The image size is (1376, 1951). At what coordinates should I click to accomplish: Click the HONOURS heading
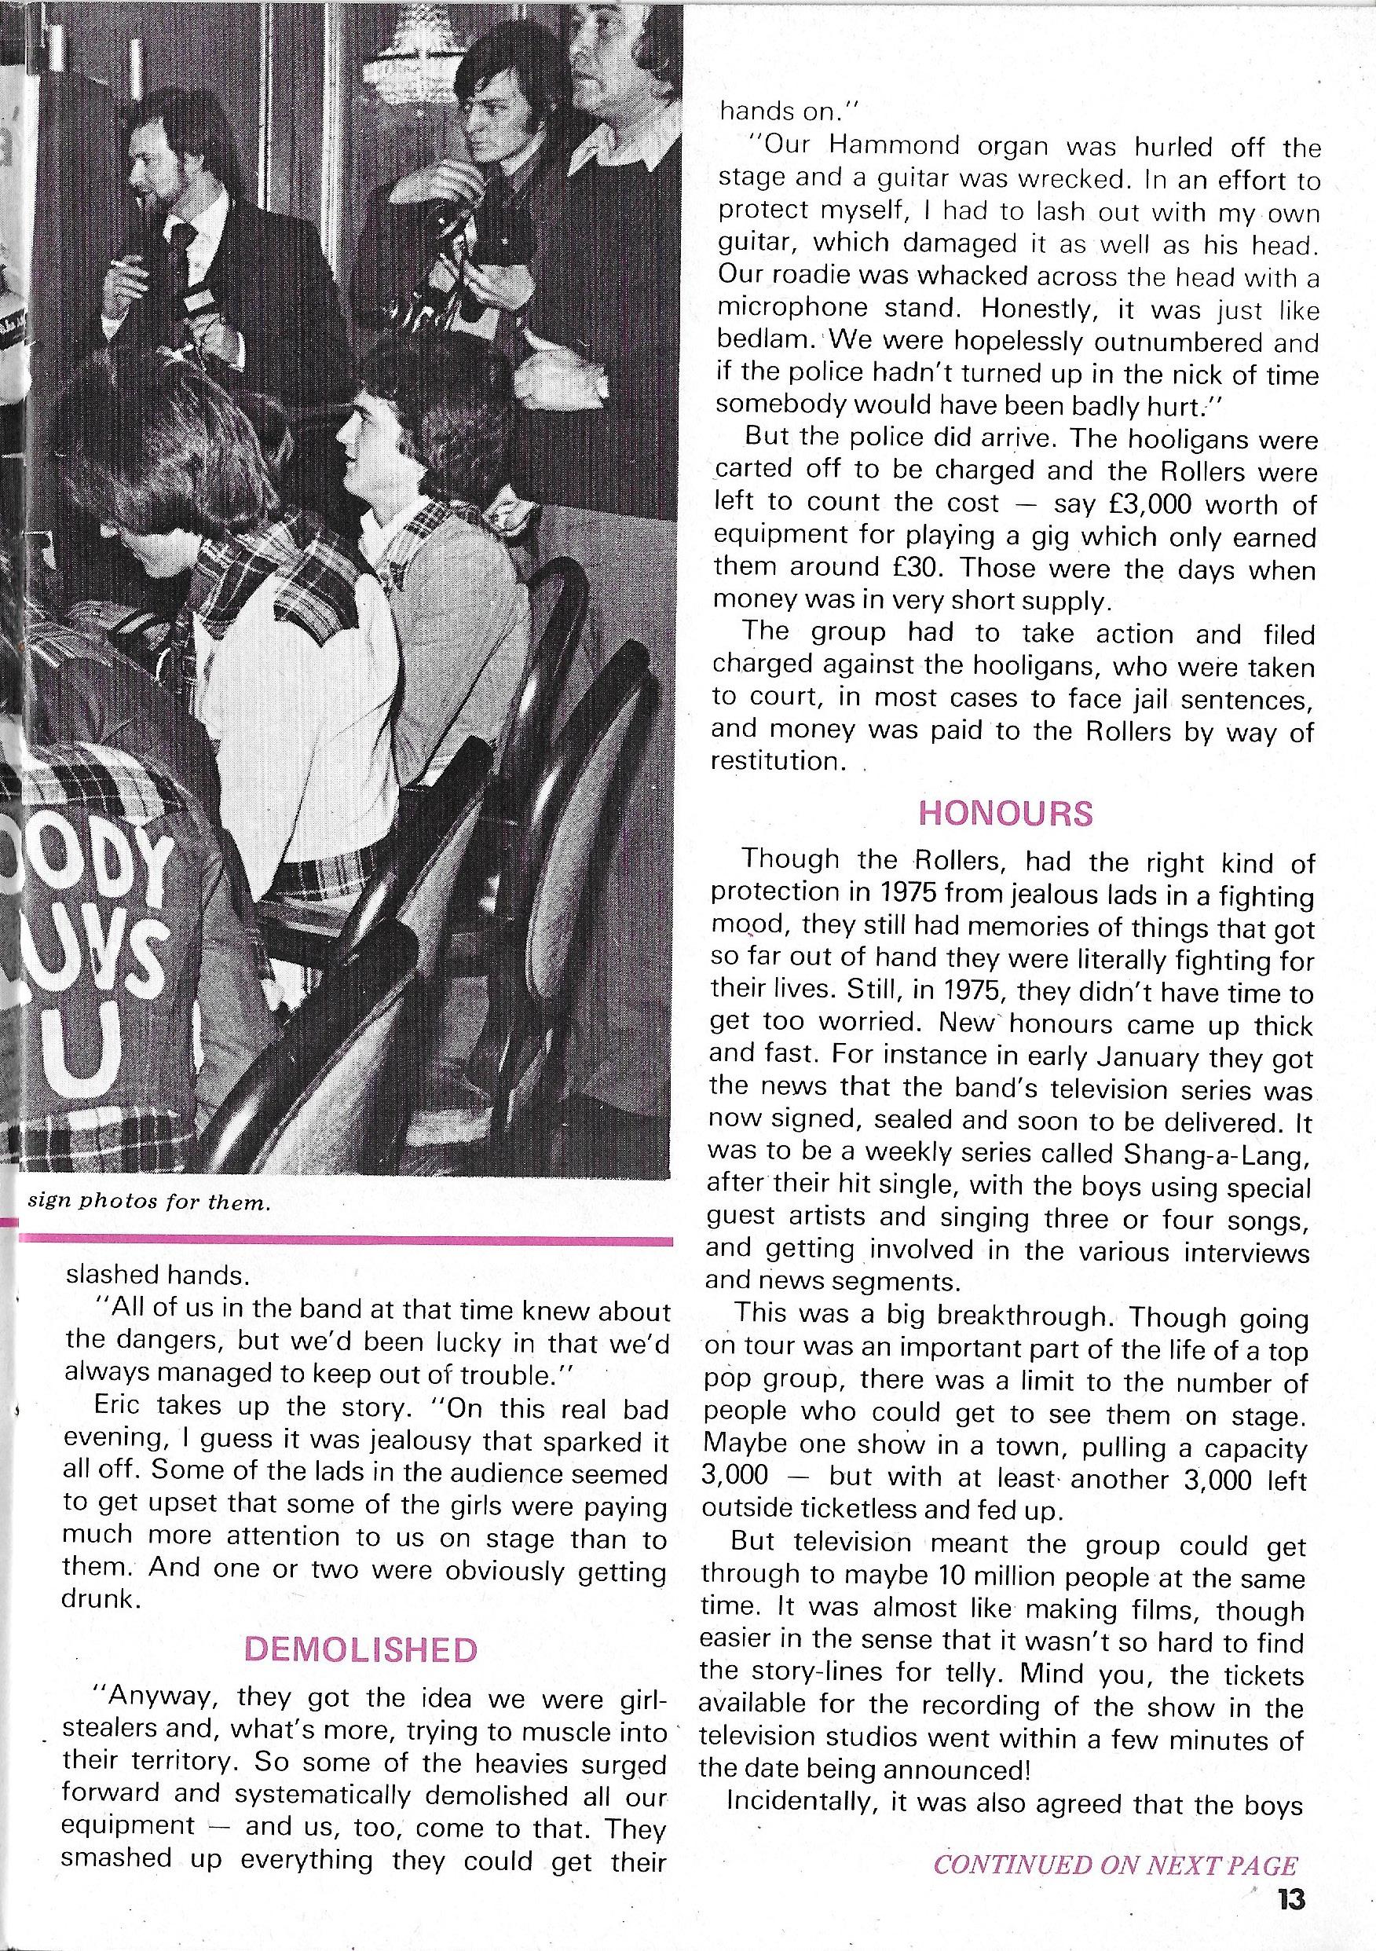[x=1006, y=813]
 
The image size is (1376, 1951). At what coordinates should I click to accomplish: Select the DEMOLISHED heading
[x=360, y=1649]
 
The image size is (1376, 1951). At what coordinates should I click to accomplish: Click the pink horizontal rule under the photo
[x=345, y=1239]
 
